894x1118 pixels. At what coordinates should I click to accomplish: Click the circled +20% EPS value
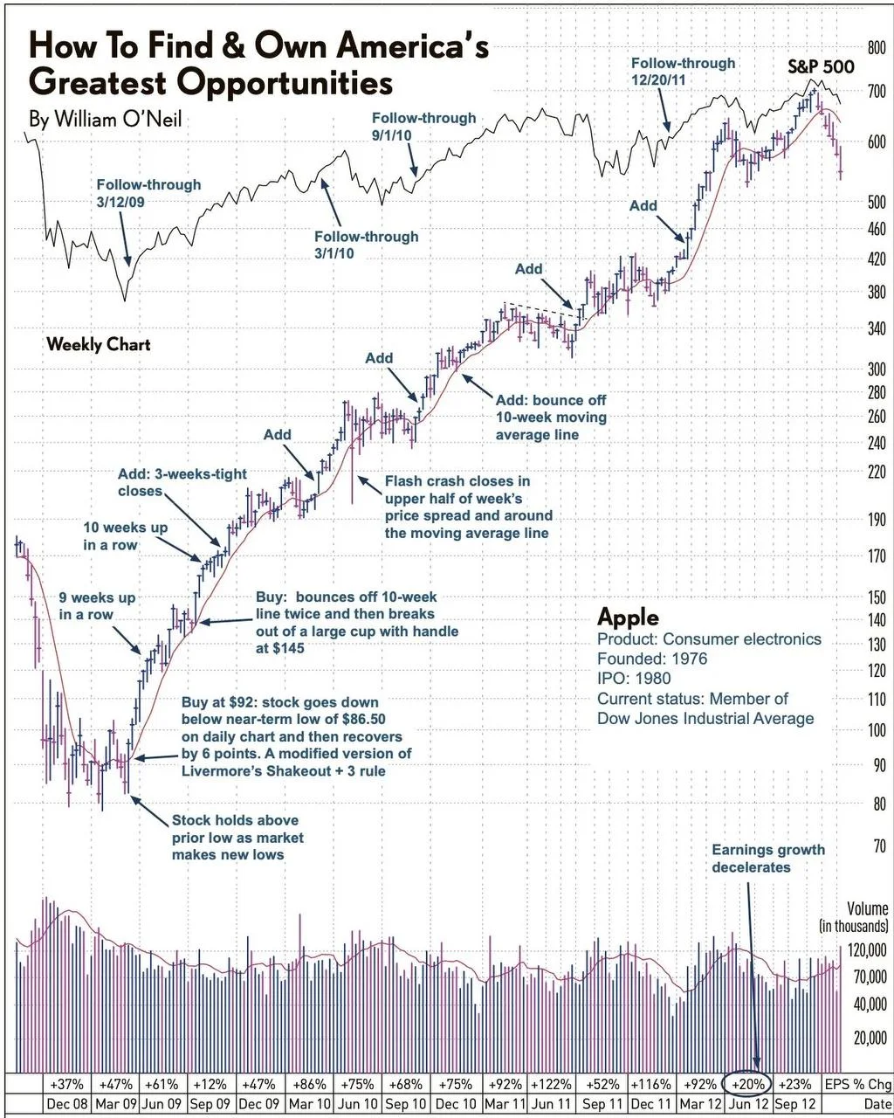[747, 1083]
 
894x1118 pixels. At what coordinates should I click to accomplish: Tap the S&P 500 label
[821, 66]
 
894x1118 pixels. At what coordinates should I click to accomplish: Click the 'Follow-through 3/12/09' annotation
[148, 194]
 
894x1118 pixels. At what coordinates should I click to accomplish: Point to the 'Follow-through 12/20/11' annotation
[683, 72]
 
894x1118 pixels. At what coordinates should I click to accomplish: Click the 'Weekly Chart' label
[98, 344]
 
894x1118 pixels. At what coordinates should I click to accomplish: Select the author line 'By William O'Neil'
[105, 119]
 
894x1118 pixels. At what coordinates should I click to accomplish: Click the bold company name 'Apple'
[628, 617]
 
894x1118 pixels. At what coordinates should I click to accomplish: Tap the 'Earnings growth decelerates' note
[767, 858]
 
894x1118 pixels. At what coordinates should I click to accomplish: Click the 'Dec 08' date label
[66, 1104]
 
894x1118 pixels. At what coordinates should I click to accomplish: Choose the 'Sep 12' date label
[794, 1104]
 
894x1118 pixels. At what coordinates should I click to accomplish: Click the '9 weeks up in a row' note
[97, 606]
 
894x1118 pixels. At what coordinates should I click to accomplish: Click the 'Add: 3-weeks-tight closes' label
[182, 482]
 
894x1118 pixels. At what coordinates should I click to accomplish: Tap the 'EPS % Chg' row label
[857, 1084]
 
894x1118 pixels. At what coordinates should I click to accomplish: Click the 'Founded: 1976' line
[652, 659]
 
